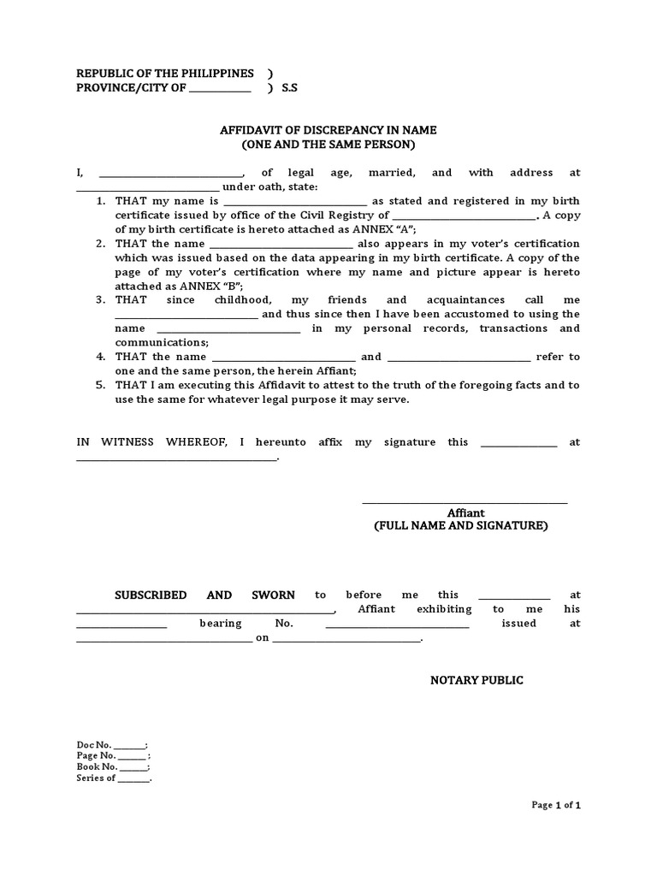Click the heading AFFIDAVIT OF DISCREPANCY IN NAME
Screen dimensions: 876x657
(x=328, y=130)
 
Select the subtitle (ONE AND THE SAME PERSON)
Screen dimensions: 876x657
(x=328, y=145)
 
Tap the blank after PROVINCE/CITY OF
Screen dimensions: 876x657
(x=220, y=89)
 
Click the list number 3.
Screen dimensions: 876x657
(x=100, y=300)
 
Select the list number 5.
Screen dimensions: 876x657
(x=100, y=385)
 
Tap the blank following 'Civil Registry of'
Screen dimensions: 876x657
(x=465, y=216)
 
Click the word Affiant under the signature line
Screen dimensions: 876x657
(x=465, y=513)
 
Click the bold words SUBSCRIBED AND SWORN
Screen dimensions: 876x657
(x=205, y=595)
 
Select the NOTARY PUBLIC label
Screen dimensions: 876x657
(x=476, y=680)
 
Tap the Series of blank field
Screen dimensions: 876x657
(x=133, y=778)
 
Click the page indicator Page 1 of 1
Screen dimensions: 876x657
(x=556, y=805)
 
